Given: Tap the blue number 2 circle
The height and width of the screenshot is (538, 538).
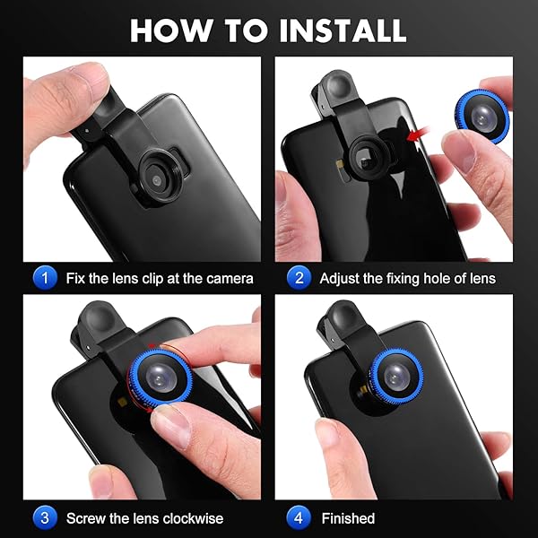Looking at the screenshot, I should [x=298, y=278].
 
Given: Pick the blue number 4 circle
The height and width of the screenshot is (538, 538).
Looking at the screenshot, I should [x=298, y=517].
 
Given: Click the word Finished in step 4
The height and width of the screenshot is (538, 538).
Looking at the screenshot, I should [x=348, y=518].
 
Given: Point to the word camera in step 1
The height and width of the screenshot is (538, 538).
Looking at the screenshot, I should [x=229, y=279].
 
